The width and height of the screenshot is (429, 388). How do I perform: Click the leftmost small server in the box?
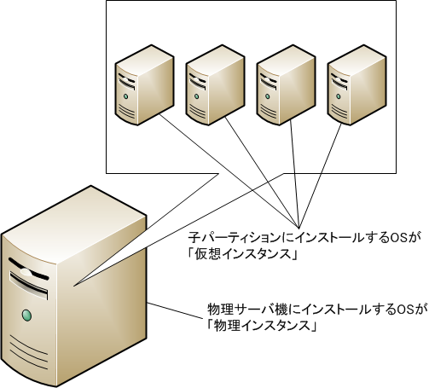(x=144, y=84)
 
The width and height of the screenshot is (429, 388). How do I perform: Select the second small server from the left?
(x=215, y=84)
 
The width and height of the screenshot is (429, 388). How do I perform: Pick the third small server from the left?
(x=286, y=84)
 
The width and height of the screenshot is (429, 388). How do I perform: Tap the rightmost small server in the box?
(x=357, y=84)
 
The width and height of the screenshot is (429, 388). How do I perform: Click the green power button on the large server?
(x=26, y=316)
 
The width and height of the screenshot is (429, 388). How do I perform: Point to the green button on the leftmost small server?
(x=125, y=96)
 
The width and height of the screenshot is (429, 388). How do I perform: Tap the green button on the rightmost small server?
(x=338, y=96)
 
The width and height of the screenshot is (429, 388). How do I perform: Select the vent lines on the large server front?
(x=28, y=352)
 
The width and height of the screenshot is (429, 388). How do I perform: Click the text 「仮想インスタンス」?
(x=242, y=253)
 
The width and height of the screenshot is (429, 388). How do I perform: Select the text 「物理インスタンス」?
(x=262, y=326)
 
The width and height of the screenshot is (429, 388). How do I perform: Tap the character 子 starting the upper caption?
(x=194, y=237)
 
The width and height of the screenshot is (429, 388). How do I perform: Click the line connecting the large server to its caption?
(x=176, y=310)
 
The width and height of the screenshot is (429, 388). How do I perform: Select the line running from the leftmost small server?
(x=229, y=171)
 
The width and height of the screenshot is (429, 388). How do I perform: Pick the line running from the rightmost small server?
(x=320, y=176)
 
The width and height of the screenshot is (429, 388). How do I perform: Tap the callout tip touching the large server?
(x=73, y=286)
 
